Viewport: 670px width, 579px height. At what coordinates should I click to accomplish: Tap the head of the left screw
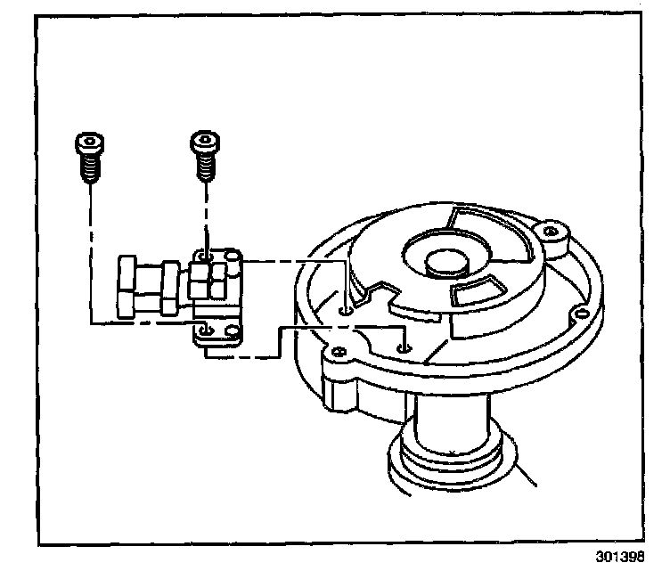click(x=88, y=143)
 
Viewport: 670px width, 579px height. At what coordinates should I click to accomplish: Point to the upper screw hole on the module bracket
click(x=206, y=259)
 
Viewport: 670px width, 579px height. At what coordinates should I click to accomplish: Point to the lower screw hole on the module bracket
click(x=207, y=330)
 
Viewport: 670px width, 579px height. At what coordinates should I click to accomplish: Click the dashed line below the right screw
click(x=206, y=214)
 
